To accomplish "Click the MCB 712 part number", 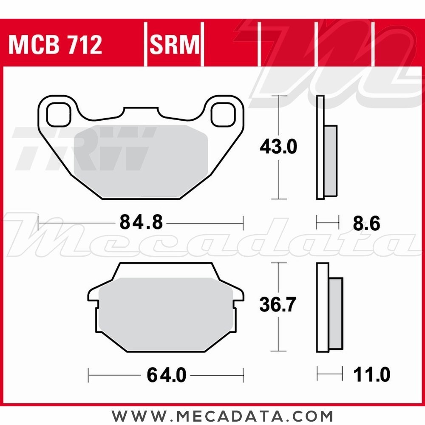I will [x=55, y=45].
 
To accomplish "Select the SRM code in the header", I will [x=174, y=45].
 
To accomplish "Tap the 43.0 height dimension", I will [x=278, y=147].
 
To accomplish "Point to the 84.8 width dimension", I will [x=141, y=222].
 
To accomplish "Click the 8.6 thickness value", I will [x=366, y=224].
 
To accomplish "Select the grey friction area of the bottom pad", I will [x=166, y=314].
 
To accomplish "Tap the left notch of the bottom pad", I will [x=94, y=303].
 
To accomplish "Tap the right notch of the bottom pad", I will [x=238, y=303].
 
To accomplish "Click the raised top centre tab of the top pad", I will [x=140, y=112].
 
